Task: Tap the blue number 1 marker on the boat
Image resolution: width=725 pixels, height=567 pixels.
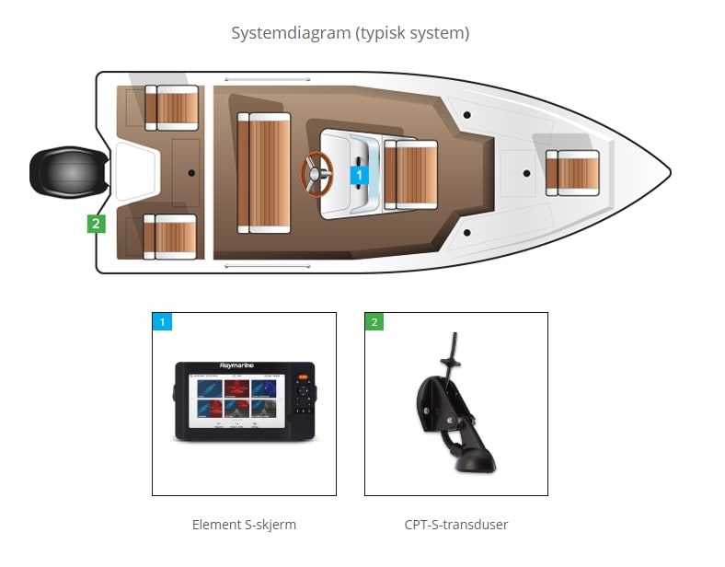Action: (359, 173)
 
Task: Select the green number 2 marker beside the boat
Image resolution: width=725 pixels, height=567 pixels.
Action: (96, 223)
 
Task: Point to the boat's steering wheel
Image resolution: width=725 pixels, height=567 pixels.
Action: (318, 172)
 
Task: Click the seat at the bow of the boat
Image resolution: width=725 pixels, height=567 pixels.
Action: (572, 172)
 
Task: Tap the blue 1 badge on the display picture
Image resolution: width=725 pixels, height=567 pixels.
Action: (162, 322)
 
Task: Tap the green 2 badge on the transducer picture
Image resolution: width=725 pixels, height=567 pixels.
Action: (374, 322)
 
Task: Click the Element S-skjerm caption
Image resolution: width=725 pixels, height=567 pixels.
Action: (244, 525)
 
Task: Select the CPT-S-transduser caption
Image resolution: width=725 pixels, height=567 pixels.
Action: (456, 525)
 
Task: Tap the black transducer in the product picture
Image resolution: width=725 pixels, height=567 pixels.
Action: (455, 414)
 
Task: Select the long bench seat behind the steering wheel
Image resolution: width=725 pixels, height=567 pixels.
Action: (264, 172)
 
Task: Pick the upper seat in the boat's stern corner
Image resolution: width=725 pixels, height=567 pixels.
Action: (172, 108)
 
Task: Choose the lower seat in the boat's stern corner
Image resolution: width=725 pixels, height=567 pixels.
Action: (171, 237)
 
